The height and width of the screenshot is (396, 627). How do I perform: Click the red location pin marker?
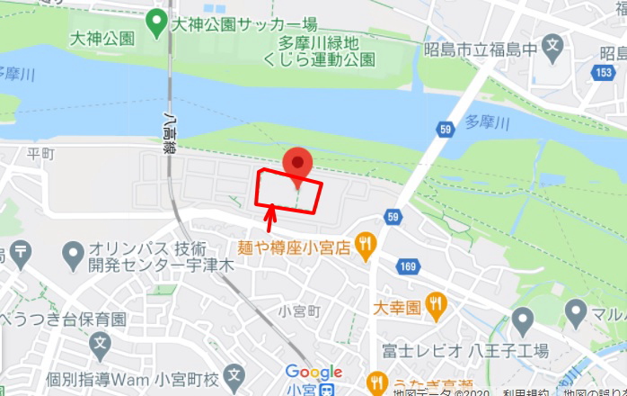[x=297, y=164]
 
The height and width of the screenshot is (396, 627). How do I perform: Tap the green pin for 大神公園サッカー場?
[x=158, y=19]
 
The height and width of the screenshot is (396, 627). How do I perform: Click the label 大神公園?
[x=102, y=39]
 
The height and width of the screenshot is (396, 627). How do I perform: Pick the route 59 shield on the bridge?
[x=446, y=131]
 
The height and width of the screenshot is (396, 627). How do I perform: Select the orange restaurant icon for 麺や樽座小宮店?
[x=364, y=243]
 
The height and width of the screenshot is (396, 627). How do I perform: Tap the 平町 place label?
[x=41, y=154]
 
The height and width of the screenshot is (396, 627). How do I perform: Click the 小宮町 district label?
[x=299, y=311]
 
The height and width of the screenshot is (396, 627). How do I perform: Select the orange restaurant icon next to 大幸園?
[x=436, y=304]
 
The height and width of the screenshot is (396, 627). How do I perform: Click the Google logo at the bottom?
[x=313, y=372]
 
